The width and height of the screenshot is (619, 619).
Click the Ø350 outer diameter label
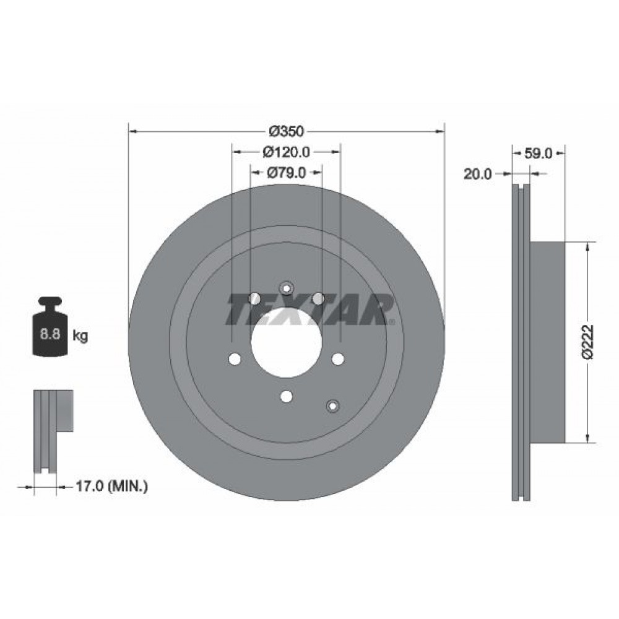286,131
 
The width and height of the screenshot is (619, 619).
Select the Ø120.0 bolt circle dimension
286,152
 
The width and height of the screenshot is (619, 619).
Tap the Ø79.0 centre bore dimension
286,173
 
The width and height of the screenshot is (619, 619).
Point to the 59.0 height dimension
539,154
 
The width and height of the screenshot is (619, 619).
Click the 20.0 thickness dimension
478,174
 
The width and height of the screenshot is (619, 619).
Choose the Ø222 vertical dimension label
588,342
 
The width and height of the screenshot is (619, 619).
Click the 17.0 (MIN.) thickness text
111,486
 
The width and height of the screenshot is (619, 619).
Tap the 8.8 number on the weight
50,334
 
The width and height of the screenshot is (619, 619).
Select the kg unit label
80,336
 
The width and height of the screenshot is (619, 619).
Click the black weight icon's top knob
50,301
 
